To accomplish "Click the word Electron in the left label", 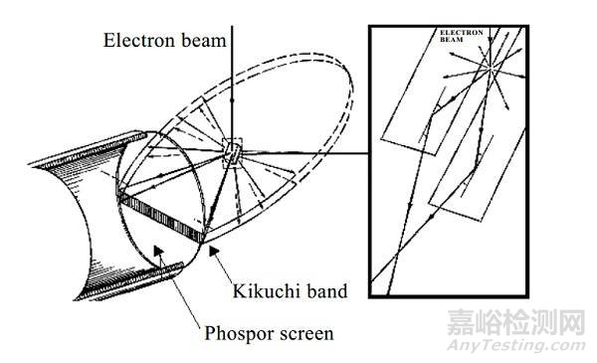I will coord(135,41).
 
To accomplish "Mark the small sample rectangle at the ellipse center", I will coord(232,152).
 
